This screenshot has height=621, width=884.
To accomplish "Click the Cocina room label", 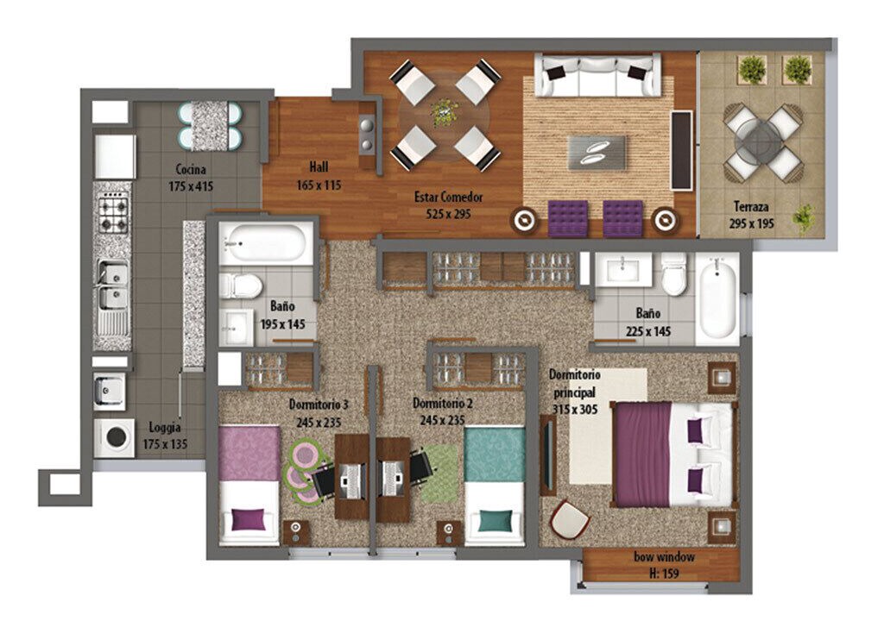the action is tap(191, 169).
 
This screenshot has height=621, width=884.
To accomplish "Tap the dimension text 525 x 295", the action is tap(448, 214).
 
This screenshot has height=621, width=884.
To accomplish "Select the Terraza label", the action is tap(751, 206).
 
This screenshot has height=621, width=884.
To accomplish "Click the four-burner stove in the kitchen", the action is tap(113, 212).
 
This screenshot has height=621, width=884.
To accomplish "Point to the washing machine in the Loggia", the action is tap(115, 437).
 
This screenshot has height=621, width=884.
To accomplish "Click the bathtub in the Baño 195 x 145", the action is tap(266, 243).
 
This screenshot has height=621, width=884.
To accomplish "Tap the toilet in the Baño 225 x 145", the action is tap(673, 274).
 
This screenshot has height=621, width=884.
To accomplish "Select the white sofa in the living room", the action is tap(597, 75).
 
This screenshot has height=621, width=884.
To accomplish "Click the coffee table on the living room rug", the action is tap(597, 152).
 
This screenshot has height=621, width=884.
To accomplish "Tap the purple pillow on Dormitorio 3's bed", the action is tap(248, 519).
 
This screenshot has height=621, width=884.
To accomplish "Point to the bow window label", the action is tap(664, 557).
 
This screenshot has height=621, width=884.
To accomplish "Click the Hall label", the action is tap(319, 166).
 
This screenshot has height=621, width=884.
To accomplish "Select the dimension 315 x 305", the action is tap(574, 409).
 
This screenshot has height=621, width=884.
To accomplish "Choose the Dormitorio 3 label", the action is tap(319, 405).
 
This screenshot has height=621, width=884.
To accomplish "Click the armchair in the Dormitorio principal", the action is tap(569, 519).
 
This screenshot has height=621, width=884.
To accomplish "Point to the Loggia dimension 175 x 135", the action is tap(165, 444).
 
